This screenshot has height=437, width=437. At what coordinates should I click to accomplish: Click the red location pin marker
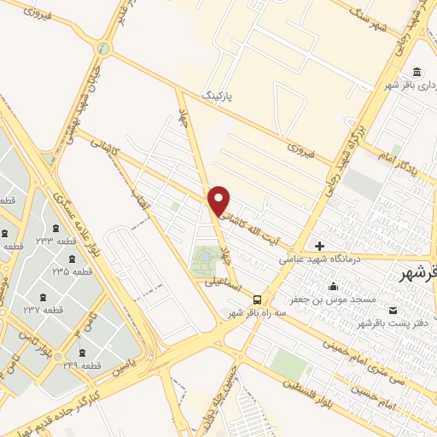click(x=220, y=200)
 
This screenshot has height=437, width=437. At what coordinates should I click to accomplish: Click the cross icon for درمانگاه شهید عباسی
click(x=320, y=246)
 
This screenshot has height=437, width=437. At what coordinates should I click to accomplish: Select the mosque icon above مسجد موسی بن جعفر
click(x=333, y=287)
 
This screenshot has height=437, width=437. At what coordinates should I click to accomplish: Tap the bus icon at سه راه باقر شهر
click(x=257, y=299)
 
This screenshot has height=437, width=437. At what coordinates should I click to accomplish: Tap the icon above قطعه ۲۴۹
click(x=82, y=352)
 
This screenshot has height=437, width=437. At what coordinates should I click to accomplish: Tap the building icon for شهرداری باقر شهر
click(x=417, y=72)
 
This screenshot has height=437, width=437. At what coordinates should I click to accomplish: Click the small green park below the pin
click(x=205, y=260)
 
